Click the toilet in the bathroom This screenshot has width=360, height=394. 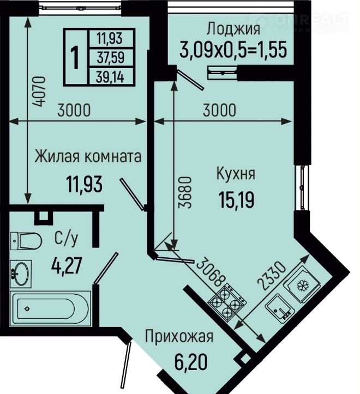click(x=26, y=241)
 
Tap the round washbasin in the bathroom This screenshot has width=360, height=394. click(x=21, y=274)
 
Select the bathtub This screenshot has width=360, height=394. click(x=50, y=308)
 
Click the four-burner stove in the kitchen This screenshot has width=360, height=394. click(x=227, y=302)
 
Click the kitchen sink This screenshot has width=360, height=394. click(x=279, y=308)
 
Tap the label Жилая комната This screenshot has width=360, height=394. click(x=88, y=156)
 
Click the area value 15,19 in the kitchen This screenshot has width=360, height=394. click(x=236, y=200)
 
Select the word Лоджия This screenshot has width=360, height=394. click(x=233, y=29)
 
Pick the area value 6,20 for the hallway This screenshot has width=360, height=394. click(x=191, y=362)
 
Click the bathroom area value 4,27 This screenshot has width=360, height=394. click(x=67, y=266)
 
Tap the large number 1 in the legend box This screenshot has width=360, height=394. click(x=75, y=58)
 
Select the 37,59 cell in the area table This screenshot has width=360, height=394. click(x=111, y=57)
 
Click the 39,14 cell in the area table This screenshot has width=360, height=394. click(x=110, y=77)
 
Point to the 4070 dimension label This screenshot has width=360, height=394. click(x=40, y=91)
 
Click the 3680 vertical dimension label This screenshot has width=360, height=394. click(x=185, y=192)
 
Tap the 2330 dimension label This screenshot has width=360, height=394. click(x=272, y=276)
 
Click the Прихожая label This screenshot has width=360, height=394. click(x=179, y=337)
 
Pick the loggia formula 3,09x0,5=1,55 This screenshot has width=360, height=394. click(x=233, y=50)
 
